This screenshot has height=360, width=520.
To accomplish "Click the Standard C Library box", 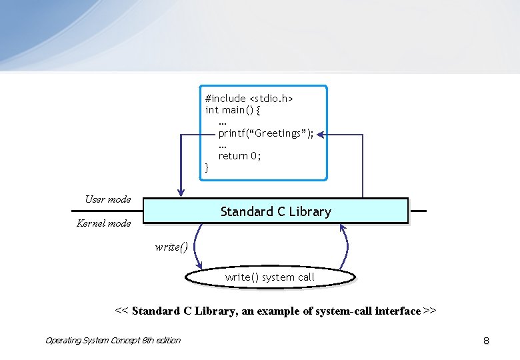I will [275, 211].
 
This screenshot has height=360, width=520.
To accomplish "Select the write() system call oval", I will [269, 277].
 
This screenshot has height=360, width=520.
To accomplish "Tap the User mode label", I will [108, 199].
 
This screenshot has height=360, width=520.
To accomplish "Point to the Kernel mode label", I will [104, 223].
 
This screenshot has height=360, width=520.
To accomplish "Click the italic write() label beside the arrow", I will [171, 247].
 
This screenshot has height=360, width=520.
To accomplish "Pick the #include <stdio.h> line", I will [249, 98].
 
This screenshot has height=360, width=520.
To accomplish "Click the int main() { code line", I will [233, 109].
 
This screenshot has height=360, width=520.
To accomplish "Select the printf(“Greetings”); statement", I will [266, 133].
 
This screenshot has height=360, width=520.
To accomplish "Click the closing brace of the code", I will [207, 167].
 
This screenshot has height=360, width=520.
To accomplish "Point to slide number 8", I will [486, 341].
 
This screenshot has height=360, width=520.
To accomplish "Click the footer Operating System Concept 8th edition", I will [113, 341].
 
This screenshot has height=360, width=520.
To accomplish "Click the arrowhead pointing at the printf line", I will [321, 135].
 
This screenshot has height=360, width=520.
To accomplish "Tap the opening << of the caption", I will [122, 311].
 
